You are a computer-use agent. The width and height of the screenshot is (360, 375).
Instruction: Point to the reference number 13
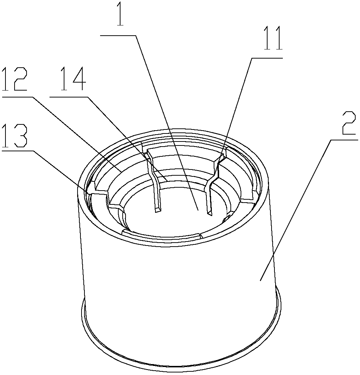(x=14, y=136)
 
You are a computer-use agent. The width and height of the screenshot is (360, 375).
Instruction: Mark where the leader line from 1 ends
(x=198, y=210)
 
